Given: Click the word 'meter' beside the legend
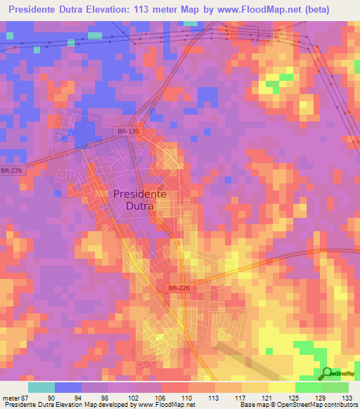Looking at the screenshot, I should pos(12,397).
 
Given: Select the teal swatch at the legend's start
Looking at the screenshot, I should pos(41,387).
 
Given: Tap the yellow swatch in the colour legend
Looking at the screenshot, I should pos(255,387).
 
